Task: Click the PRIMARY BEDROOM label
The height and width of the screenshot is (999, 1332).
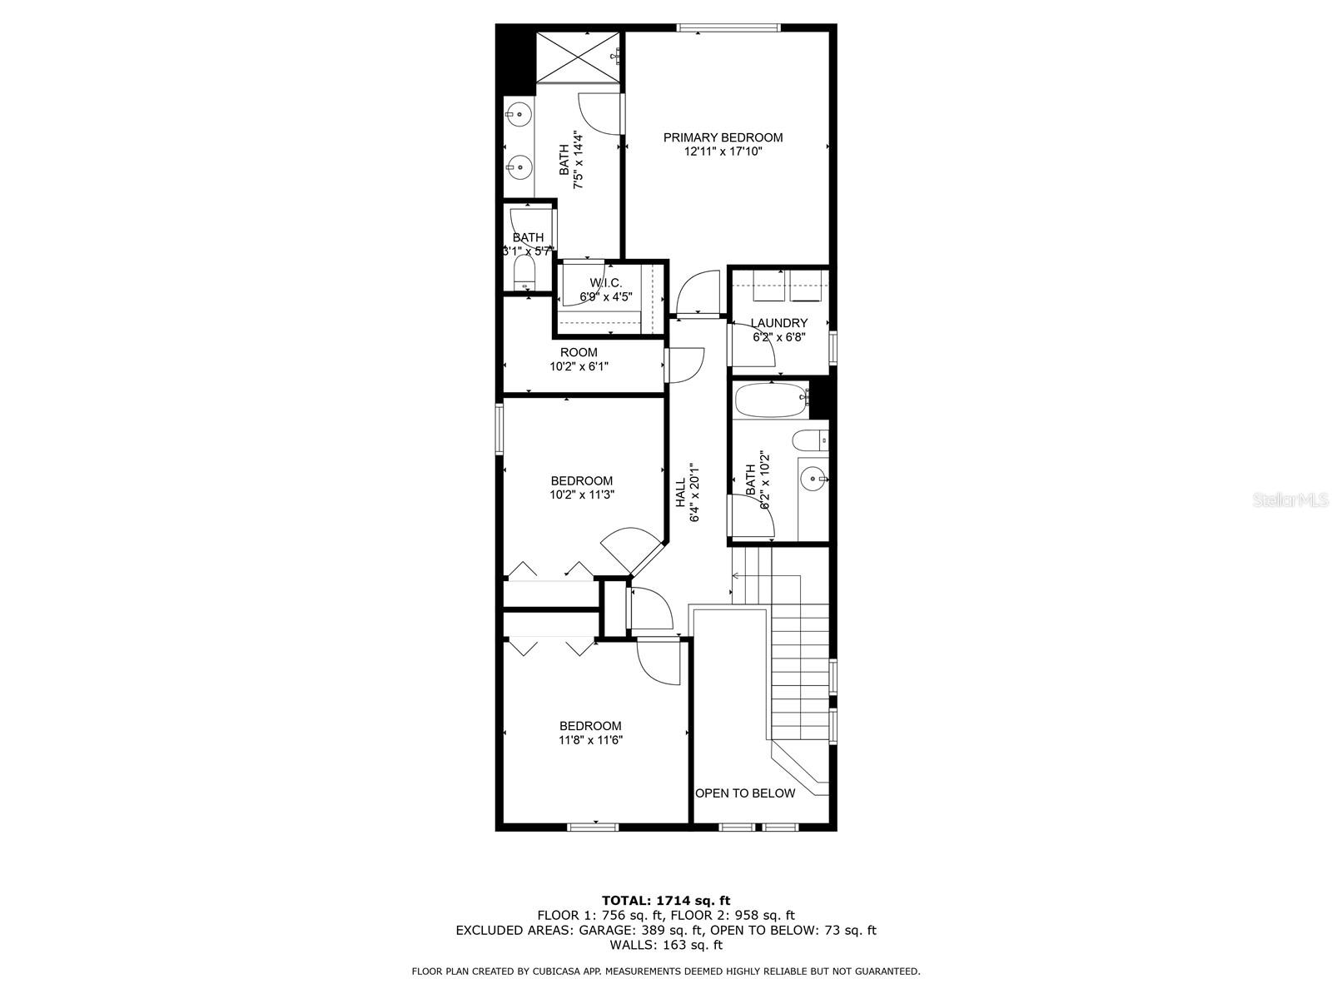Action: [x=722, y=137]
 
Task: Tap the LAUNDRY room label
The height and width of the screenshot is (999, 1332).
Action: [x=778, y=323]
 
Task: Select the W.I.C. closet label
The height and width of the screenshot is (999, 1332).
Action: [x=605, y=283]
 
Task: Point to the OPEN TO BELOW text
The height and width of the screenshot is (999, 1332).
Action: [x=744, y=793]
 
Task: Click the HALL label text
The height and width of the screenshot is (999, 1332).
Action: [x=679, y=492]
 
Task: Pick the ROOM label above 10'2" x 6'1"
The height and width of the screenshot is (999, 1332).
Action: [x=579, y=352]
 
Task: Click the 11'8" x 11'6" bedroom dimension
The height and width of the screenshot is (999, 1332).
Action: [x=590, y=739]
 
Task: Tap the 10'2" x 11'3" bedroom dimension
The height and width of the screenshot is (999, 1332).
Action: [x=582, y=495]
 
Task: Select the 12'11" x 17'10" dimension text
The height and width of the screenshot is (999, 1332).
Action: [x=723, y=152]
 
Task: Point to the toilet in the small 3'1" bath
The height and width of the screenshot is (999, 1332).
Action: [x=523, y=274]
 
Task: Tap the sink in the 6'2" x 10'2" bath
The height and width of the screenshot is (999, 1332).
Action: [x=812, y=480]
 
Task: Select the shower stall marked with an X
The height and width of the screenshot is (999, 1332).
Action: [x=578, y=57]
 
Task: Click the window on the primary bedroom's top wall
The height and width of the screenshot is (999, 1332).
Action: [x=728, y=27]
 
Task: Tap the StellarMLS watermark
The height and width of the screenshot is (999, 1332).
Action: [x=1290, y=499]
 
